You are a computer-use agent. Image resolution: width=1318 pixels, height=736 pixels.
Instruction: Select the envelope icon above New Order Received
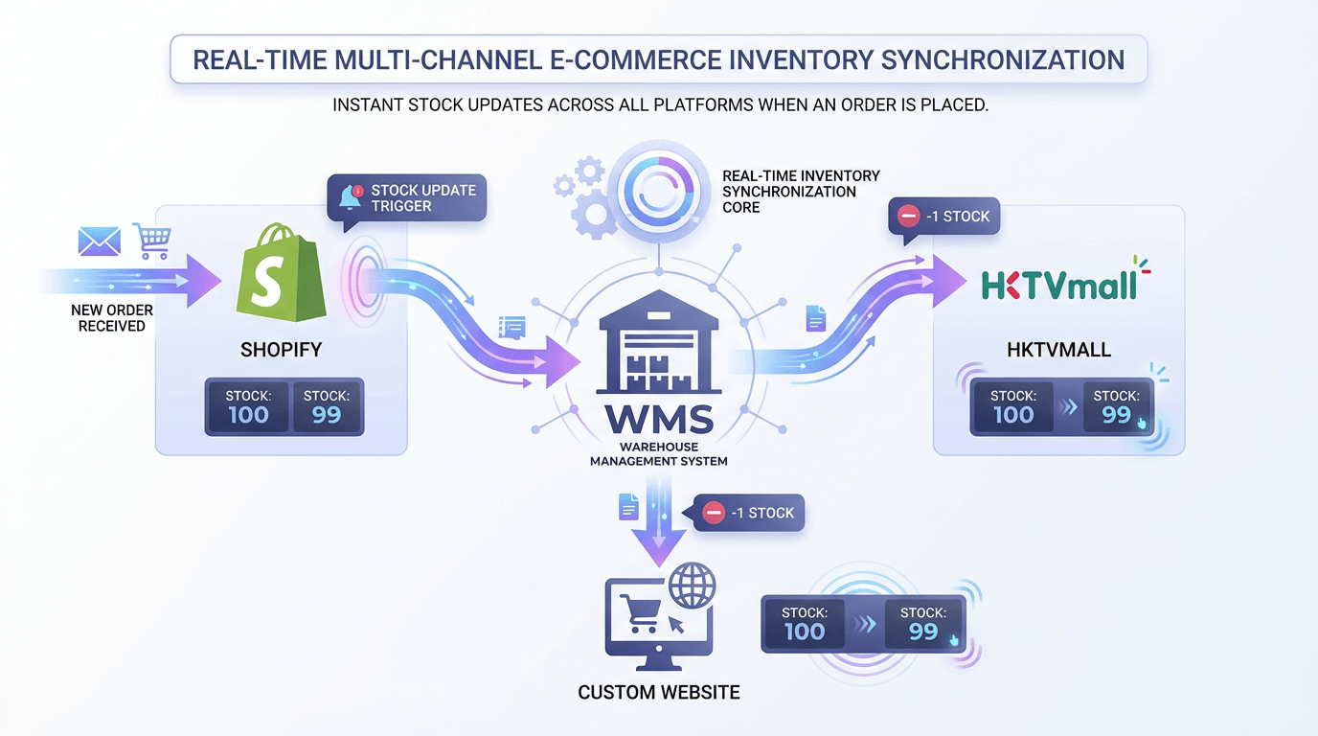100,241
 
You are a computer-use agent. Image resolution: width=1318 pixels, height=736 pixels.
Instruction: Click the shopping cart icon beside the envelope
151,241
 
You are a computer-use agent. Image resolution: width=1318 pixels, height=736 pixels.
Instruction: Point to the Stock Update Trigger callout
407,198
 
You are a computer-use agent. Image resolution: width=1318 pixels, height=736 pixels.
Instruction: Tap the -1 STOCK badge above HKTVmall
944,217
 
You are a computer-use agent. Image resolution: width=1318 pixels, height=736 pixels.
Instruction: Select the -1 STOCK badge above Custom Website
749,513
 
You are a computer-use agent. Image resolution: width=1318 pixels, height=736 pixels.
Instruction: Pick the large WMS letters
658,420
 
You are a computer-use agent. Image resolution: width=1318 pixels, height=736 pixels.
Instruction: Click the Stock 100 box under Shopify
248,406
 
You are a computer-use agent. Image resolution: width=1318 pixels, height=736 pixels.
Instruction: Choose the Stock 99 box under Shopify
327,406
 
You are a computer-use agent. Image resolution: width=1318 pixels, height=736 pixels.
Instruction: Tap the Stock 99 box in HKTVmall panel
1117,407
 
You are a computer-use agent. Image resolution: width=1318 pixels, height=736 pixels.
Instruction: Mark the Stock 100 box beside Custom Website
805,624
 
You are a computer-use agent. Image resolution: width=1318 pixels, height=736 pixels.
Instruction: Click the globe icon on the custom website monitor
693,586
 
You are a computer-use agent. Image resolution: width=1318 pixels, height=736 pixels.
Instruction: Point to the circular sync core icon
657,190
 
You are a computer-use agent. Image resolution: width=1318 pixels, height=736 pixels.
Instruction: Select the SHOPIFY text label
281,350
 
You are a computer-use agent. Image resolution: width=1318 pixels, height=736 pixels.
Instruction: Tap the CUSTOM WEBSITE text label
659,692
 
